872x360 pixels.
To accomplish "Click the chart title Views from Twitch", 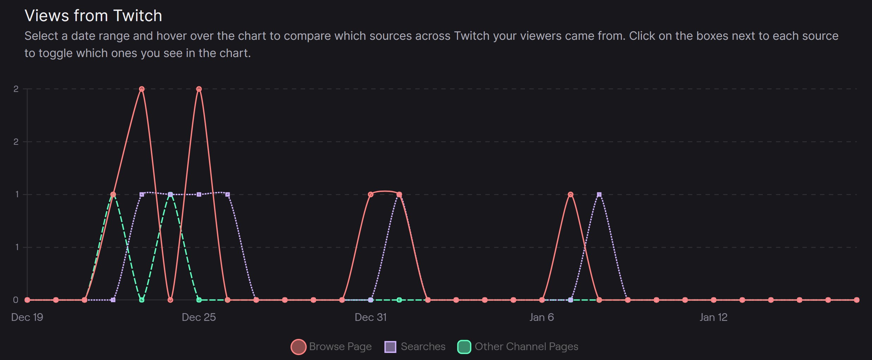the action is (x=93, y=16).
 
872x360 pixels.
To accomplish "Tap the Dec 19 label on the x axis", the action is (x=27, y=317).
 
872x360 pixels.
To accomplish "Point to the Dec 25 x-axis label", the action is (x=199, y=317).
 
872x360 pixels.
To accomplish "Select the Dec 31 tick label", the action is (x=371, y=317).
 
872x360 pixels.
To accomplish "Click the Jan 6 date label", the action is (x=542, y=317).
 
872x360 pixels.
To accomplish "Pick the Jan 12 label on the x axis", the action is (x=713, y=317).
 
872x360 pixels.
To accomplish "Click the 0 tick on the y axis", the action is (x=16, y=300).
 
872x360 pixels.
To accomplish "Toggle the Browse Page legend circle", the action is (x=298, y=347).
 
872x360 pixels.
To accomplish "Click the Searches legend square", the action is (x=390, y=347).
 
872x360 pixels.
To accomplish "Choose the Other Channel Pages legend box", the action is (x=464, y=347).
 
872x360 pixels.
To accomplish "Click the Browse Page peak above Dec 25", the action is (x=199, y=89).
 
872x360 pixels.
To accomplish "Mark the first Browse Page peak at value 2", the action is (x=142, y=89).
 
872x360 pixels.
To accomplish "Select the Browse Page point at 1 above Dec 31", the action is (x=371, y=194).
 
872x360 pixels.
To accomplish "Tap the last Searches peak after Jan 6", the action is (x=599, y=194).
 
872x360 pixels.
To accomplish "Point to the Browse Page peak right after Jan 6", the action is (x=571, y=194).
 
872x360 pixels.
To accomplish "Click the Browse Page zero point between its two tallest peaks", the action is (x=170, y=300).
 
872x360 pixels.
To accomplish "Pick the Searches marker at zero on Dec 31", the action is (x=371, y=300).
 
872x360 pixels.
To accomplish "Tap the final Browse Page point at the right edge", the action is (x=857, y=300).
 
